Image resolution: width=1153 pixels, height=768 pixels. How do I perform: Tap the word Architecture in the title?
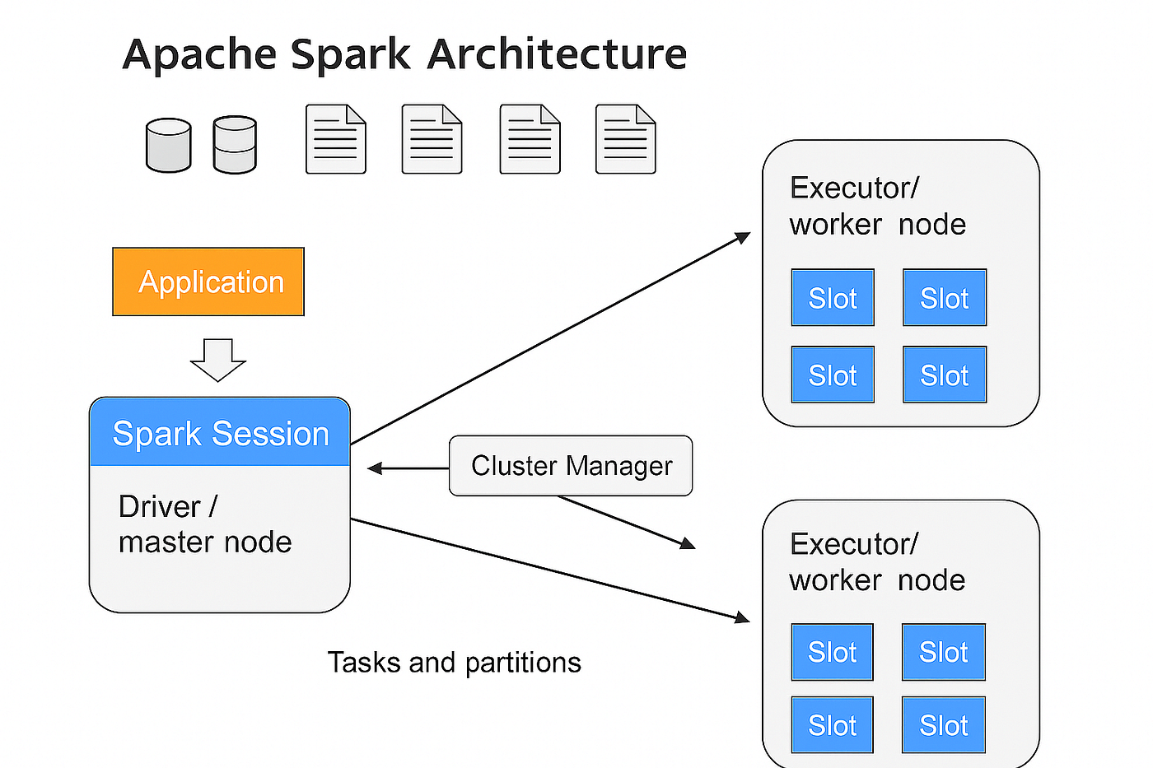tap(557, 55)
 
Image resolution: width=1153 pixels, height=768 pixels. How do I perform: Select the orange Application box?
tap(208, 282)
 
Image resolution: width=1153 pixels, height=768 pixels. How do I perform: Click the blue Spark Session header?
tap(220, 433)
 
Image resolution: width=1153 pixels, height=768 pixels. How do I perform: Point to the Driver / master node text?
tap(205, 524)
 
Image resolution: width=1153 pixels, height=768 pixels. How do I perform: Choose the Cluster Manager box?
tap(571, 466)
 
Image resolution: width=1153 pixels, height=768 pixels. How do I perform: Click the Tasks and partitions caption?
tap(454, 663)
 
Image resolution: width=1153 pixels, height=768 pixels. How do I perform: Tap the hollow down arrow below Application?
tap(218, 360)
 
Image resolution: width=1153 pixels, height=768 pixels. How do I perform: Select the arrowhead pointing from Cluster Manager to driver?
tap(375, 468)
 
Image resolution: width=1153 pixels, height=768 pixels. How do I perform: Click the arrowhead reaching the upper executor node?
tap(743, 237)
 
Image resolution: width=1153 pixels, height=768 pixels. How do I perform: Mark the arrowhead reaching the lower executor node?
tap(741, 617)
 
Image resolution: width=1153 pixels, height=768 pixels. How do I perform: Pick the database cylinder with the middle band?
tap(235, 145)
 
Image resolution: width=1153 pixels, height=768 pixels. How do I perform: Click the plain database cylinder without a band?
tap(169, 146)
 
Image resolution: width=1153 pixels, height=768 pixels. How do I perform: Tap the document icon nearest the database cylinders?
tap(335, 139)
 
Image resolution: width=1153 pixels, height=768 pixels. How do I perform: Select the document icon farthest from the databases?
tap(625, 139)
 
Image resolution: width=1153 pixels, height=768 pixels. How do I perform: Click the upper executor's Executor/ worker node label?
tap(877, 206)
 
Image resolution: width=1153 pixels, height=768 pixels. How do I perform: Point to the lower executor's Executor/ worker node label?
tap(876, 562)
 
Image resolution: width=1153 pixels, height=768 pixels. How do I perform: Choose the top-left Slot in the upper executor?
tap(833, 298)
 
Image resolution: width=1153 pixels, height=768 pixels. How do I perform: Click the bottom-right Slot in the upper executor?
tap(945, 375)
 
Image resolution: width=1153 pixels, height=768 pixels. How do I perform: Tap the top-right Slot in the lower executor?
tap(944, 652)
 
